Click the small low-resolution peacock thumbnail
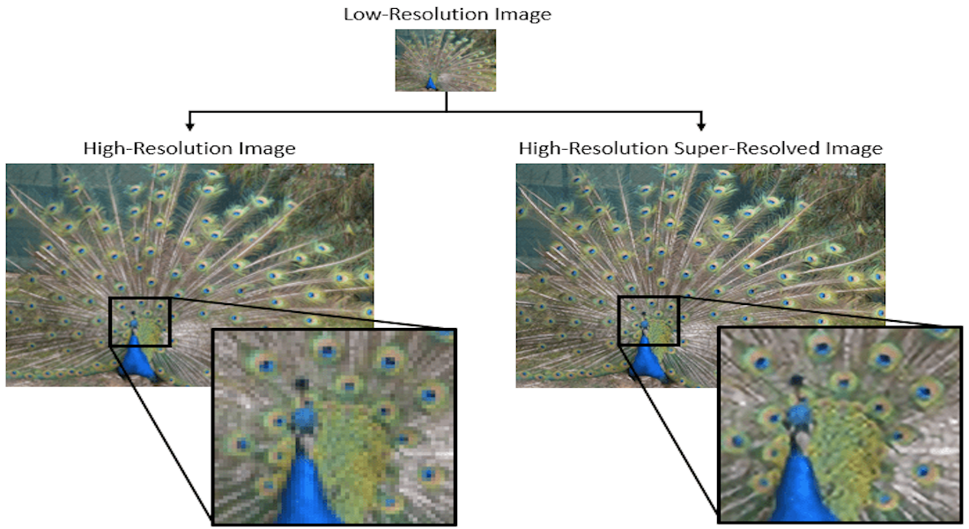click(x=446, y=61)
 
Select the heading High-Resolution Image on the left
click(x=189, y=148)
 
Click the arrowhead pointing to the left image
click(x=189, y=126)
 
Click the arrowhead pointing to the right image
click(x=701, y=126)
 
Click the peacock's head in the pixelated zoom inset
click(x=303, y=417)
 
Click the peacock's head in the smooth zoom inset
click(x=799, y=414)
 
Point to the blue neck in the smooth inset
click(x=797, y=482)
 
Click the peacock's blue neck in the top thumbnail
click(x=431, y=83)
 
